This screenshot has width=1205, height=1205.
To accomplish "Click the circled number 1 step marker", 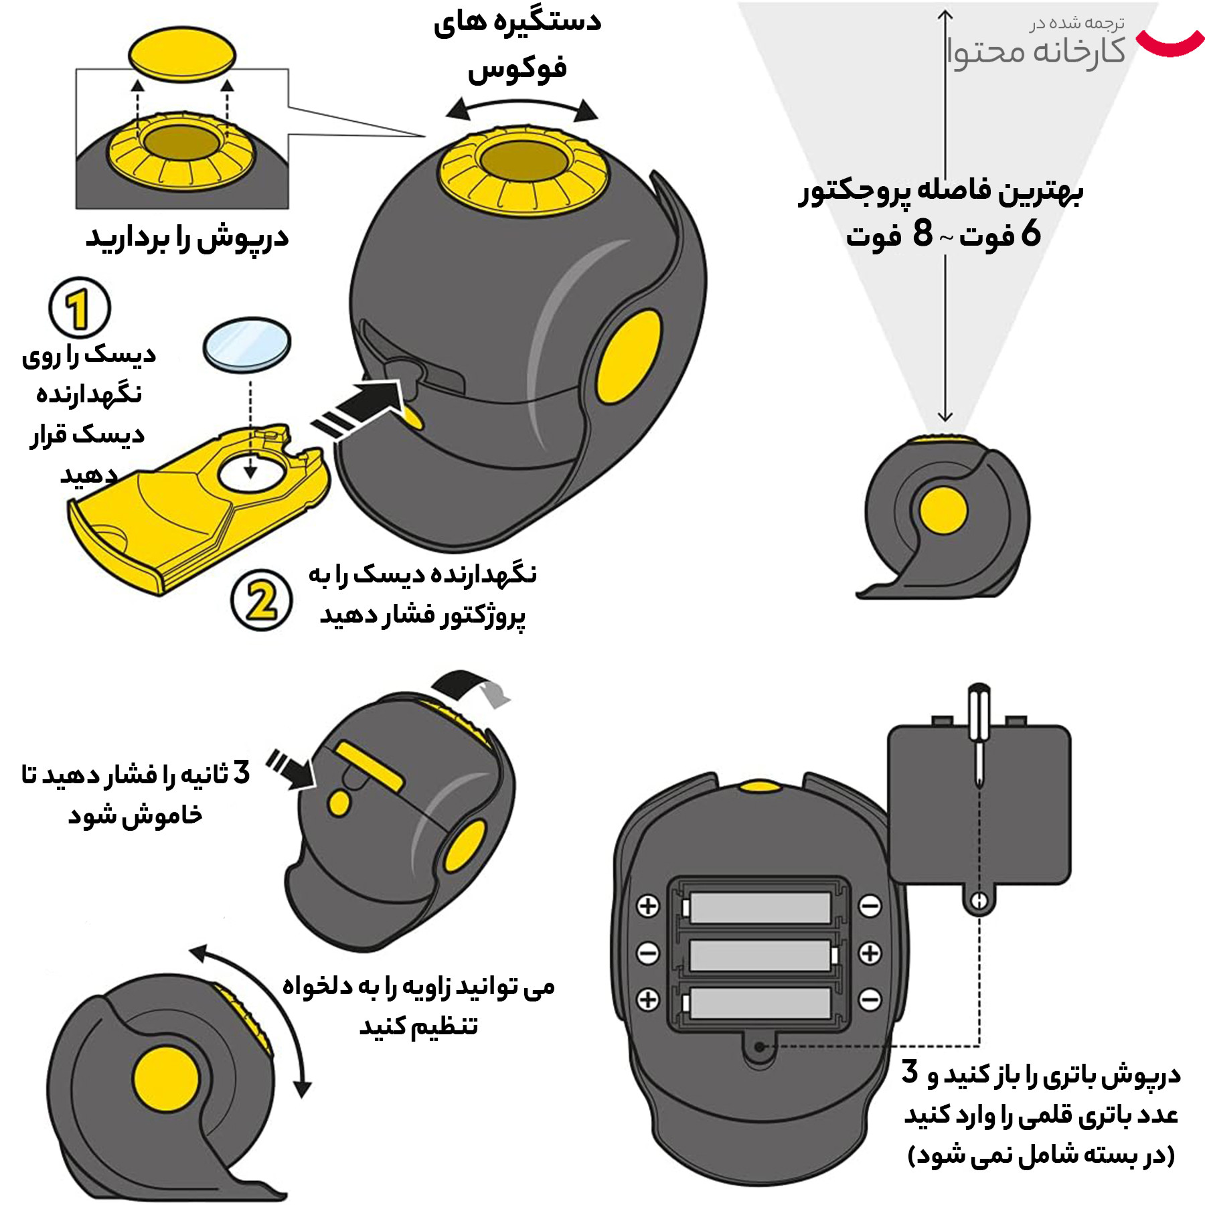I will pos(79,309).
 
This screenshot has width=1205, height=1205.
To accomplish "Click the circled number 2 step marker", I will pos(261,600).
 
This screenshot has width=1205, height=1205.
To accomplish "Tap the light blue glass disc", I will pos(247,344).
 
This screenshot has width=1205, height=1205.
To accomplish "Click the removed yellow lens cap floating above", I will pos(182,54).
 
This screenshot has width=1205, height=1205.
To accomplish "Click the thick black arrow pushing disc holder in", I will pos(361,408).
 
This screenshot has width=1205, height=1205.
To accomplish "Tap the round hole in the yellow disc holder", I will pos(250,472).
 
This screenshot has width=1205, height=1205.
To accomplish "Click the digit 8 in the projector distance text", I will pos(922,233).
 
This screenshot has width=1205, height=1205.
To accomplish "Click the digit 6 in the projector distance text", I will pos(1030,233).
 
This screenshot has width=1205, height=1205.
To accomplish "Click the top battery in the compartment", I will pos(760,907).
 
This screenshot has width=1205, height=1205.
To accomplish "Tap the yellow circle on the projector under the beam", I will pos(943,511).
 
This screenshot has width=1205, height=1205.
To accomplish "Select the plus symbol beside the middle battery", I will pos(870,953).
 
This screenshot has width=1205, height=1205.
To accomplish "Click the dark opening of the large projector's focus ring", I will pos(524,161).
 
